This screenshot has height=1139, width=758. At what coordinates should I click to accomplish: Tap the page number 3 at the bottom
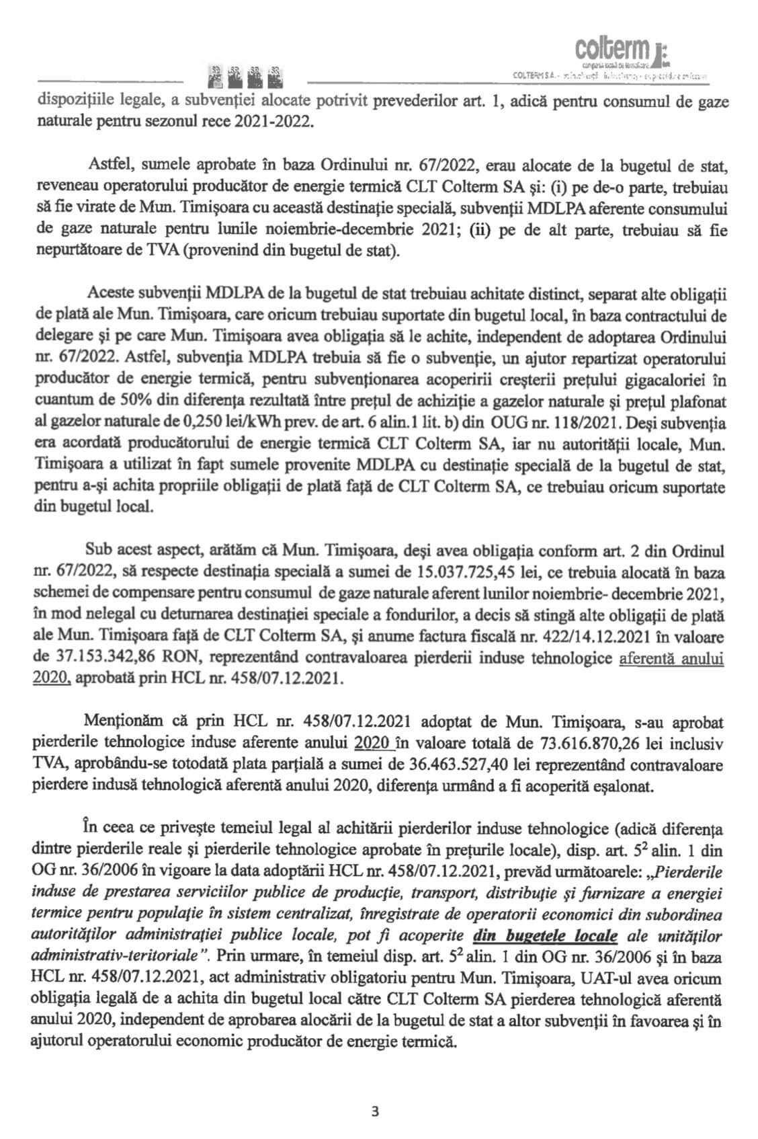click(374, 1111)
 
